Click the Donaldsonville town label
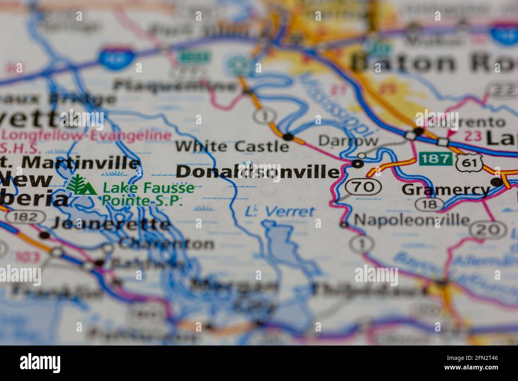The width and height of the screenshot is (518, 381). point(258,172)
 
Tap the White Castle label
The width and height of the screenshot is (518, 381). point(232,146)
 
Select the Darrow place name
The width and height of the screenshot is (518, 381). point(348,140)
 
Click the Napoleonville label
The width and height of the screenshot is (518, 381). point(412,219)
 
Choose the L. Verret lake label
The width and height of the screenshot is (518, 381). point(280,212)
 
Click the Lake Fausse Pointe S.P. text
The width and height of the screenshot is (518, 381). point(148,194)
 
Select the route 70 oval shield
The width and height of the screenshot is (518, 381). point(363,186)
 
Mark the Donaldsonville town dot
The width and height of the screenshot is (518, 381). point(358,164)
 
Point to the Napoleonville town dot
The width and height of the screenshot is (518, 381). point(344,225)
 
